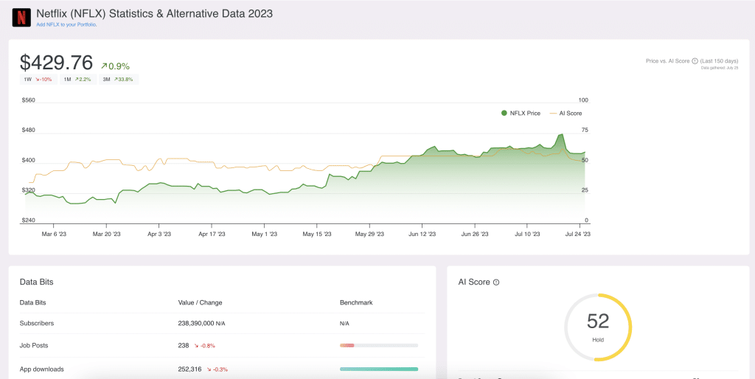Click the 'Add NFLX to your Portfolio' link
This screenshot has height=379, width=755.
tap(66, 24)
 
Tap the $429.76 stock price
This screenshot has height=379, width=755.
tap(56, 63)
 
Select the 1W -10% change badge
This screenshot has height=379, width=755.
tap(38, 79)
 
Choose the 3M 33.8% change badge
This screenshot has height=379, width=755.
tap(117, 79)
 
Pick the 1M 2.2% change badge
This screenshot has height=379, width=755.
tap(77, 79)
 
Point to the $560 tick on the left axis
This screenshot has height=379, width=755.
tap(28, 100)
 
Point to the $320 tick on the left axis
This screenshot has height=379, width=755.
tap(28, 190)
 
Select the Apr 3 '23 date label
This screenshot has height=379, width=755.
tap(159, 234)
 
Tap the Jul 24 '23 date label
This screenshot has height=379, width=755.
tap(577, 234)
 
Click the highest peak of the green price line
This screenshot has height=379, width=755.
tap(562, 135)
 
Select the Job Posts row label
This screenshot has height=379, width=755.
tap(34, 344)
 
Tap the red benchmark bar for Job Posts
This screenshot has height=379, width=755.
tap(347, 345)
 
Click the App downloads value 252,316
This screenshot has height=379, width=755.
tap(190, 369)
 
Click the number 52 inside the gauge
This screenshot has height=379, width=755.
tap(598, 321)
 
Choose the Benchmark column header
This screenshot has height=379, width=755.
tap(355, 302)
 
